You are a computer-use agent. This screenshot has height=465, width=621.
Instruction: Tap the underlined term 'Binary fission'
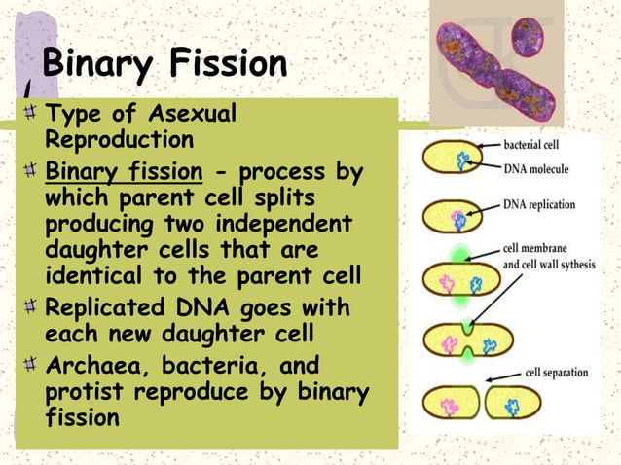tap(124, 173)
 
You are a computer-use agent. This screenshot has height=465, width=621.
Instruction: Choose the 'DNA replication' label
tap(540, 205)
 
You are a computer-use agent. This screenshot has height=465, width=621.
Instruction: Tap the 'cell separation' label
tap(558, 372)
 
